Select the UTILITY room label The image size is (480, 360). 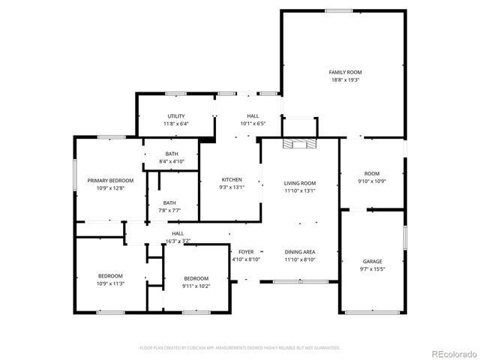(176, 116)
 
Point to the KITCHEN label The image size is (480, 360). (231, 179)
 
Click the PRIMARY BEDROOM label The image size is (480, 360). (110, 180)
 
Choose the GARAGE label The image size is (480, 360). (373, 261)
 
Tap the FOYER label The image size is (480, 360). (245, 252)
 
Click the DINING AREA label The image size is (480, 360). (299, 252)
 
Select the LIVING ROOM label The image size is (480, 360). (299, 183)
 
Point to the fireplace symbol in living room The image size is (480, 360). (299, 144)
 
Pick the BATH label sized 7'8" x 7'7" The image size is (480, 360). (169, 202)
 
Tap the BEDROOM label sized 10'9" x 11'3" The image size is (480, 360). (110, 276)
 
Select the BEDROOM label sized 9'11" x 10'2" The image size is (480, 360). (196, 277)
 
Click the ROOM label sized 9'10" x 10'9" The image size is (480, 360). (372, 173)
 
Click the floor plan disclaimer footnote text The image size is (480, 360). (240, 348)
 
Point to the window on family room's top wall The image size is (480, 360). (338, 10)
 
